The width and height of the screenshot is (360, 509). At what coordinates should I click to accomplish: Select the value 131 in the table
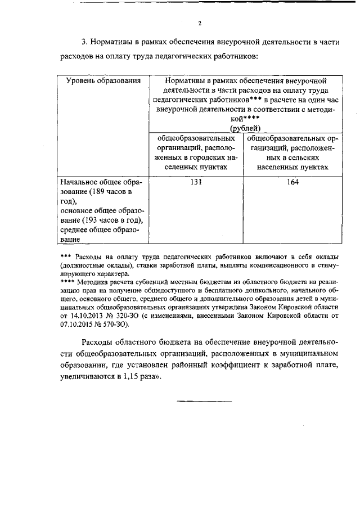pyautogui.click(x=195, y=182)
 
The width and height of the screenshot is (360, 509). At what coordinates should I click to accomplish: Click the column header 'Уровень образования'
pyautogui.click(x=103, y=81)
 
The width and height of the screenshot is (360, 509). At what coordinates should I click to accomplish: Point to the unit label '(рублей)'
pyautogui.click(x=244, y=128)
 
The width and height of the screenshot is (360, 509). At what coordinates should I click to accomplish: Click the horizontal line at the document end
pyautogui.click(x=205, y=401)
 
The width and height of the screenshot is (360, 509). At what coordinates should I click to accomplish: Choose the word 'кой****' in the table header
pyautogui.click(x=243, y=119)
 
